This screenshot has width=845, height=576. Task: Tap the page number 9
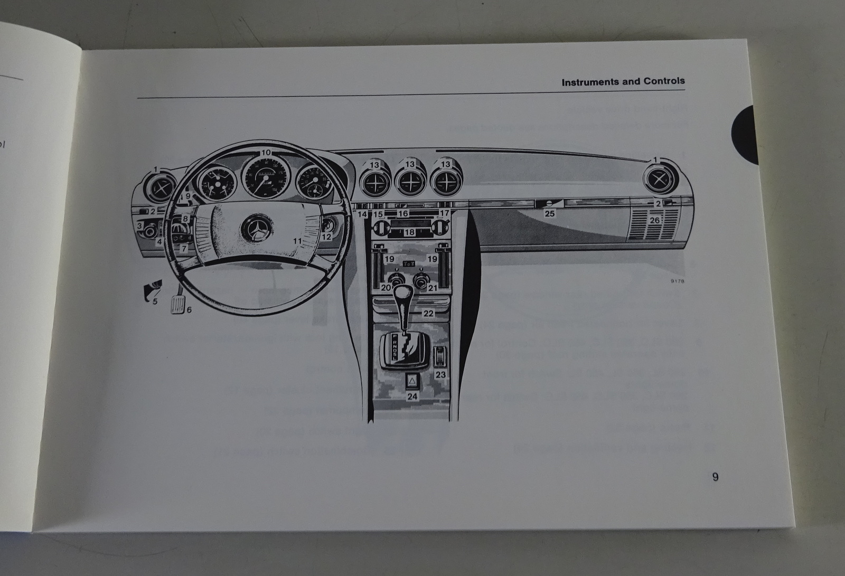point(715,477)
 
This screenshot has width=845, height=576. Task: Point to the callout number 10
point(266,153)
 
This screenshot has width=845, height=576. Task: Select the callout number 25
point(550,214)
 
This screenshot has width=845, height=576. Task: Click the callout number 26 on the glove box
point(655,220)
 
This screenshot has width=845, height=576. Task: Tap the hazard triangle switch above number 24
point(412,380)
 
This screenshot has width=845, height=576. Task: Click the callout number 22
point(428,314)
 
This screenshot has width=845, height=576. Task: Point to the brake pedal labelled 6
point(179,305)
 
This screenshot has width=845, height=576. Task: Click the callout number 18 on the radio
point(410,232)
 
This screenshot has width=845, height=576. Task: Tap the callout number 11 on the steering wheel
point(297,241)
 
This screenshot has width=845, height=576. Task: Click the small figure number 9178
point(677,281)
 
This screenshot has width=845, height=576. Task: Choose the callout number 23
point(440,375)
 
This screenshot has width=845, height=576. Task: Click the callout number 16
point(403,214)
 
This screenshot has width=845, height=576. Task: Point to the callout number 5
point(155,301)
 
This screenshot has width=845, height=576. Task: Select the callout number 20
point(386,288)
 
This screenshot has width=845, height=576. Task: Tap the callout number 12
point(326,237)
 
